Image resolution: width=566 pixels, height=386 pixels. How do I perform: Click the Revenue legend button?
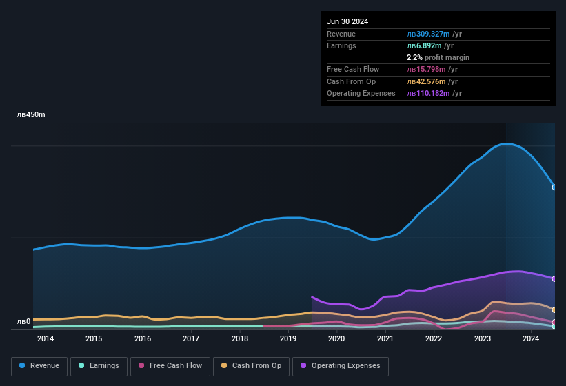(40, 366)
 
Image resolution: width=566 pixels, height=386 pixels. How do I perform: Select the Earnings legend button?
(99, 366)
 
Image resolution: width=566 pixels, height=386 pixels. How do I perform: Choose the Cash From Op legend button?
(251, 366)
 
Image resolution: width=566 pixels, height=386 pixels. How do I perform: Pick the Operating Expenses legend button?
(341, 366)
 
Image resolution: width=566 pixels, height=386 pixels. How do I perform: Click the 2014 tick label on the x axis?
(46, 338)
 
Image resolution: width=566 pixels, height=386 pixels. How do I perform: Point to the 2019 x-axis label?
(288, 338)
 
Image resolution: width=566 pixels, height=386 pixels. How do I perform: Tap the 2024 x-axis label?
(531, 338)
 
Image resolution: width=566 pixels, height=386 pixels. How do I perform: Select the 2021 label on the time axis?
(385, 338)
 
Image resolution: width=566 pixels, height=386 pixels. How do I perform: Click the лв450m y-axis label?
(31, 115)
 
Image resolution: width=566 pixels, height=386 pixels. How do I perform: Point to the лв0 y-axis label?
(23, 322)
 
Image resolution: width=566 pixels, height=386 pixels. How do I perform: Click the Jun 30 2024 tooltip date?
(347, 21)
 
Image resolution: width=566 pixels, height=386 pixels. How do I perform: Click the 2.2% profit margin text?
(438, 57)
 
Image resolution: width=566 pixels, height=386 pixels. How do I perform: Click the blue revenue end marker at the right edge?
(554, 187)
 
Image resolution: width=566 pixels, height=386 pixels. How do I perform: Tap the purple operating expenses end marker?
(554, 278)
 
